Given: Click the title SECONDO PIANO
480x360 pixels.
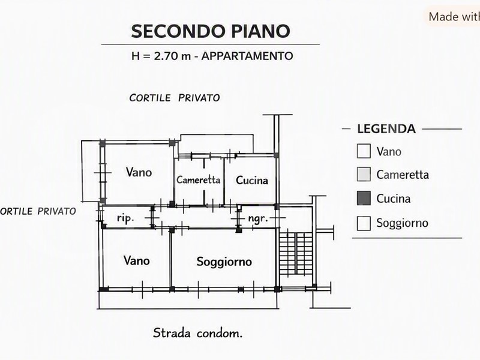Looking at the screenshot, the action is (x=211, y=31).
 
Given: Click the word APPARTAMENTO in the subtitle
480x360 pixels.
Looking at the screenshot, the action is (x=247, y=56).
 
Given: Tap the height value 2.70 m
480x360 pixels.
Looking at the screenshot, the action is (x=172, y=56).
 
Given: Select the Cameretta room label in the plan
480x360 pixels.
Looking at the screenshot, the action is (x=199, y=179).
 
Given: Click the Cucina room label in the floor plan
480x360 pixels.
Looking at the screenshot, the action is (x=251, y=181).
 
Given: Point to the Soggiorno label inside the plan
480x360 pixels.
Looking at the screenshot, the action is (x=224, y=262).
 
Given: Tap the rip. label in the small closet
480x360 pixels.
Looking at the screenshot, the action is (x=125, y=218).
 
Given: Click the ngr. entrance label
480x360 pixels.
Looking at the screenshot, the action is (x=258, y=218).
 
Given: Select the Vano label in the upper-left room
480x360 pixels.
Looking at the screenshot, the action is (x=139, y=172).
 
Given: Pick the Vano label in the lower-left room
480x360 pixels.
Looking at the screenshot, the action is (x=137, y=260).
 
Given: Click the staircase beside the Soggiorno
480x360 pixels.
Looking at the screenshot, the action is (x=296, y=253).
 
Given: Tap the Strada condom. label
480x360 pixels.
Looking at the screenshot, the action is (x=198, y=333).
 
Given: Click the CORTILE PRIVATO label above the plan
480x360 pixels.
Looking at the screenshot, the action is (x=175, y=98).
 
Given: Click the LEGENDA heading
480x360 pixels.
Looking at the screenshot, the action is (x=386, y=129).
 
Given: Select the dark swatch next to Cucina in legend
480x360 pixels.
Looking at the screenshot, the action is (x=364, y=198).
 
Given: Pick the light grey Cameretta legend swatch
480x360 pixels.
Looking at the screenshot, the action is (x=364, y=174).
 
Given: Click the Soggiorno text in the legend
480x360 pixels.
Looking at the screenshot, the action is (x=402, y=223).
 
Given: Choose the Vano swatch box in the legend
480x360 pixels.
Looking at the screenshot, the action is (x=364, y=151).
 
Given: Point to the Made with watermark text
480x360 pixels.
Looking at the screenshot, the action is (x=454, y=17).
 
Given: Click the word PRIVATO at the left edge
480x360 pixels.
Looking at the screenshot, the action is (x=56, y=211).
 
